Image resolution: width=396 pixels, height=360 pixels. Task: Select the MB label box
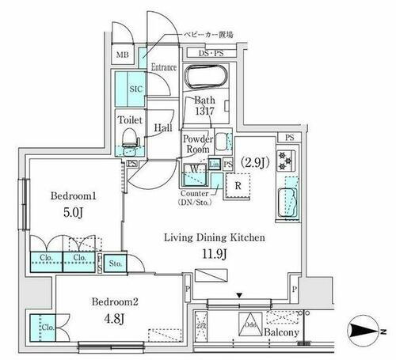point(123,55)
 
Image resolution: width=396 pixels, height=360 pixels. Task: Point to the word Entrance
point(164,68)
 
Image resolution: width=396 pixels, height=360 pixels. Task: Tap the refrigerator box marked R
point(238,188)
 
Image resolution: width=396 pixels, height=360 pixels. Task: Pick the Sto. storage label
point(115,263)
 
